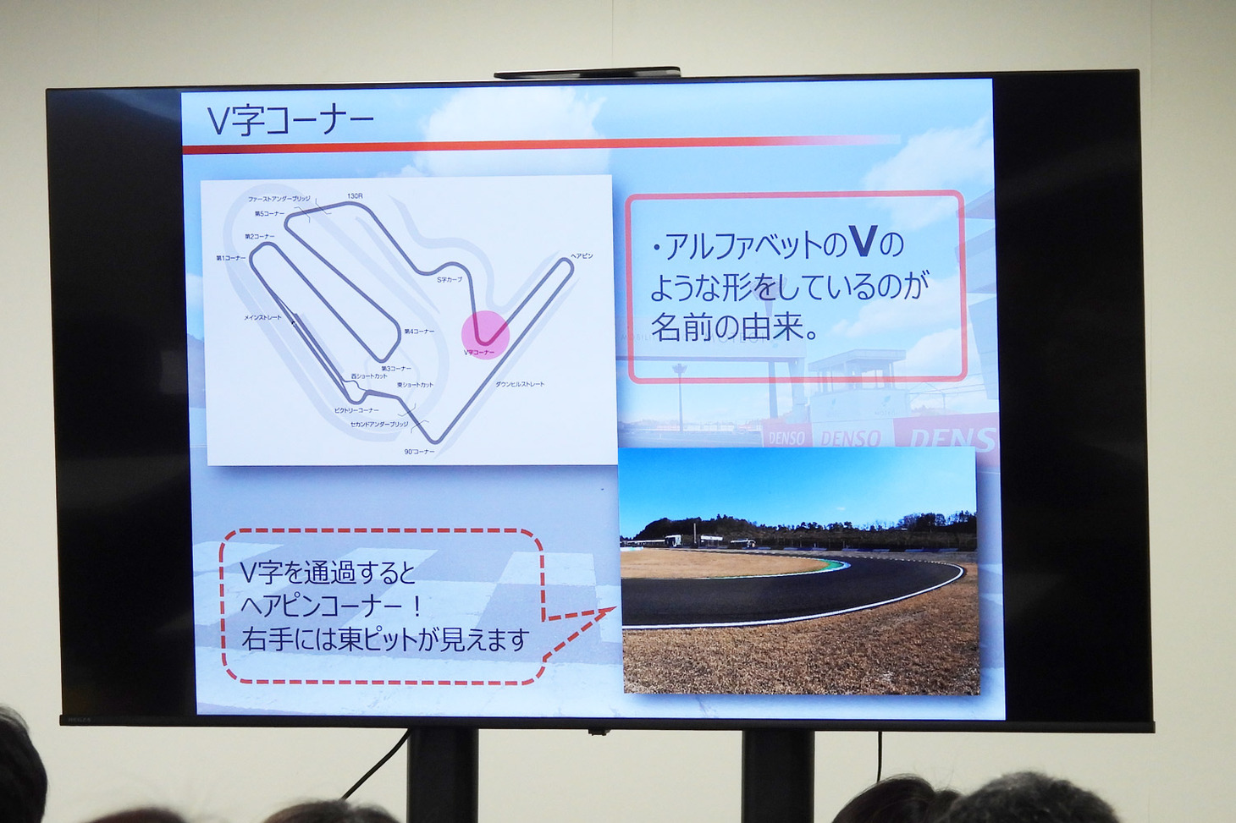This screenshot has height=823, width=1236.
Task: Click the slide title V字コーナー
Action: [x=290, y=121]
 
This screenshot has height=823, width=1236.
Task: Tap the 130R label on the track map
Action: [x=355, y=196]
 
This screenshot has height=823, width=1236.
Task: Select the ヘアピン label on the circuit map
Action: [x=582, y=255]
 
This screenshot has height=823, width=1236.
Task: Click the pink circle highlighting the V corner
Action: [x=485, y=334]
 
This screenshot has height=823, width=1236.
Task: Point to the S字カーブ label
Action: [x=450, y=279]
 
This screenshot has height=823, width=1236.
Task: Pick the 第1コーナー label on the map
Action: [x=231, y=258]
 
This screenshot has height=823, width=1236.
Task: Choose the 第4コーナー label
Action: [x=419, y=332]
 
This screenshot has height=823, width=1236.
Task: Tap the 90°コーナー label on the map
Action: [x=419, y=452]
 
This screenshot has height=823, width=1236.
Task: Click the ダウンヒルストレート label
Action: [x=520, y=384]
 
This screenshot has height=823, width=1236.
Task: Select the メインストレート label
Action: [x=262, y=317]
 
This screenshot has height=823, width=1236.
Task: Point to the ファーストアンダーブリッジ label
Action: [x=279, y=199]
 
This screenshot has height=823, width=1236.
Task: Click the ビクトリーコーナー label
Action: [x=356, y=410]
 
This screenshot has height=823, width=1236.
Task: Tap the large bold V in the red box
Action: [x=862, y=242]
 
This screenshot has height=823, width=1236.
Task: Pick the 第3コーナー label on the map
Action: [x=396, y=369]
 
